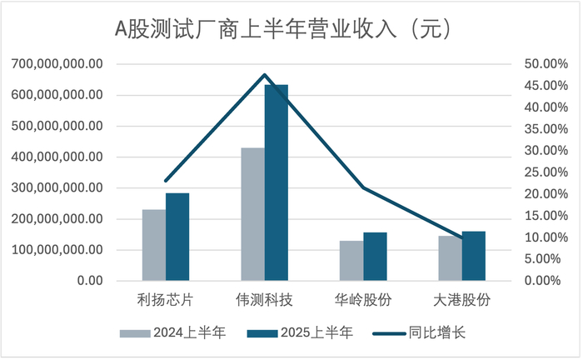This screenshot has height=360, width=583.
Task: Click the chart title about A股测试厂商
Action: click(283, 29)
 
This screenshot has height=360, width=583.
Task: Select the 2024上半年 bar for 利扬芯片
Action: click(154, 245)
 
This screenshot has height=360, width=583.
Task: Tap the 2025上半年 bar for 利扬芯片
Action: click(177, 237)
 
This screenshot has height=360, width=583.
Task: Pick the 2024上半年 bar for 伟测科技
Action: click(253, 214)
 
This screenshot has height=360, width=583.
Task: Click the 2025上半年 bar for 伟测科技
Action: click(277, 182)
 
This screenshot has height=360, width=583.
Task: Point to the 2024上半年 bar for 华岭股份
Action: click(351, 260)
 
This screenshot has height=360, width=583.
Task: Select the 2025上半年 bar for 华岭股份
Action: click(375, 256)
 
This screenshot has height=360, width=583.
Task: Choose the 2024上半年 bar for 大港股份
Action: click(451, 258)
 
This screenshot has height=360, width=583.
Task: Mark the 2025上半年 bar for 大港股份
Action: click(474, 256)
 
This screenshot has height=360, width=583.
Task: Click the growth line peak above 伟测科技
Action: click(264, 75)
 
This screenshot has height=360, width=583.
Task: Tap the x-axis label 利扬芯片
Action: click(166, 300)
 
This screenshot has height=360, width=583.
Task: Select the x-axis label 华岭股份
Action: click(363, 300)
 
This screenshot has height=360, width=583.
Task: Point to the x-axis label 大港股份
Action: click(461, 300)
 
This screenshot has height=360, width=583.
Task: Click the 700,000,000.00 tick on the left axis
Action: click(57, 64)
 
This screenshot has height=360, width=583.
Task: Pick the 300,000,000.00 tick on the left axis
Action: click(57, 187)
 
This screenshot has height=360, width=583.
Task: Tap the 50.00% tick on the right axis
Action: click(546, 64)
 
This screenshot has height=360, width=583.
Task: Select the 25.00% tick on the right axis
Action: click(546, 172)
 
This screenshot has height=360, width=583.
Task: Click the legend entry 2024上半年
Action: click(173, 332)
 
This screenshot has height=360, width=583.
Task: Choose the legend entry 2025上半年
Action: click(300, 332)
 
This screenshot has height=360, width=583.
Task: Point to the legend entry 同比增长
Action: click(420, 332)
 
